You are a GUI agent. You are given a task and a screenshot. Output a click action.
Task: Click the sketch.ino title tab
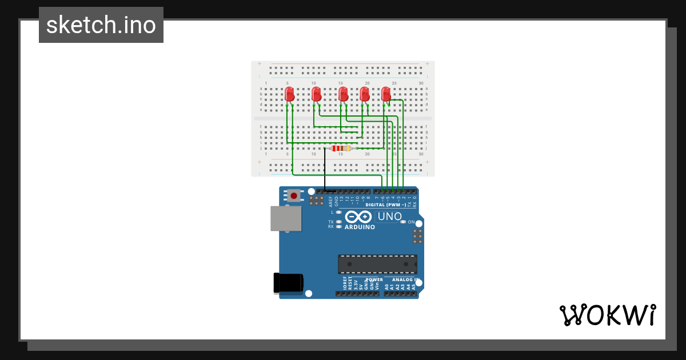(101, 25)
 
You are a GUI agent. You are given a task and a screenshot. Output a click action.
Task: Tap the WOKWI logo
(607, 315)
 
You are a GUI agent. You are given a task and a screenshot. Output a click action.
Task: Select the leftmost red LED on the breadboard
(289, 94)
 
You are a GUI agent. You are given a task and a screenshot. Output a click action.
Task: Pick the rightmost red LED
(386, 93)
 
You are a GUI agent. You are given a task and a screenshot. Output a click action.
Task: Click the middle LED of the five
(343, 94)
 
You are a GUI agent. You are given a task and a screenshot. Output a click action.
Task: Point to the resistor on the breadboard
(341, 149)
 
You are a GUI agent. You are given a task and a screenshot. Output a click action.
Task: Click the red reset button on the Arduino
(294, 195)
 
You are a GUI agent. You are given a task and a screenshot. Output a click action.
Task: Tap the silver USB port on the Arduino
(286, 218)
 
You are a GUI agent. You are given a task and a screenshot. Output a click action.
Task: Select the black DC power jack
(288, 283)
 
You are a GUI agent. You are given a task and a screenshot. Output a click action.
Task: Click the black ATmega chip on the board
(377, 264)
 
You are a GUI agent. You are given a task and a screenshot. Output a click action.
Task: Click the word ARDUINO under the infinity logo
(360, 227)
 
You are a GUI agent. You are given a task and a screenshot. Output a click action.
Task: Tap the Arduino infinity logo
(358, 217)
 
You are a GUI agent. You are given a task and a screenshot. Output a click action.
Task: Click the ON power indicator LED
(403, 222)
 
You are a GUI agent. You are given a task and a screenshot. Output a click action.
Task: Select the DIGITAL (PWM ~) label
(386, 205)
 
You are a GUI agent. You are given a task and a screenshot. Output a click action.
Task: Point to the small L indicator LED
(339, 212)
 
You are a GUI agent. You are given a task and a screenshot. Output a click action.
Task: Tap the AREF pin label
(330, 201)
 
